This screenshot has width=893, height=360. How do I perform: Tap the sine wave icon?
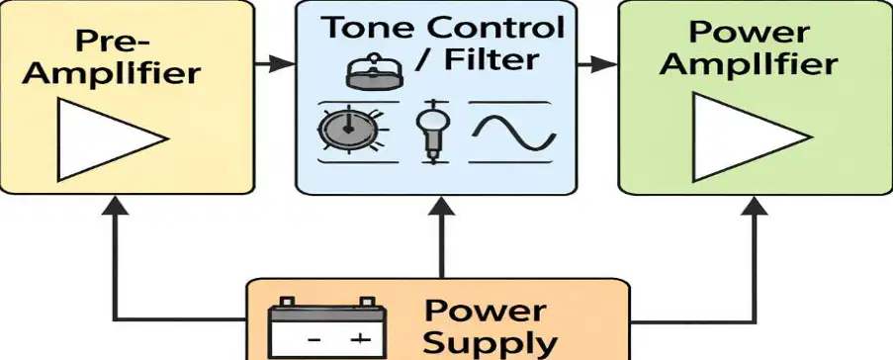point(512,134)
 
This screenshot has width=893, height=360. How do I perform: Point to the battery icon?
point(327,327)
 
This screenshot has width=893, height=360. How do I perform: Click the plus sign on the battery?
point(359,340)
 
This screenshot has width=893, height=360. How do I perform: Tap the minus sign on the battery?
point(313,340)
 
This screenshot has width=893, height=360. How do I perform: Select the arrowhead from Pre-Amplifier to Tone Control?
point(281,64)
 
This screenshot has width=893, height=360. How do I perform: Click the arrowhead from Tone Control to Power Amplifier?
point(604,64)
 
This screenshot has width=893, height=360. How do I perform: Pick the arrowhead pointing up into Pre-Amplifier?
point(116,206)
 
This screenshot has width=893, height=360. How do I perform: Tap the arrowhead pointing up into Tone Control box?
point(441,206)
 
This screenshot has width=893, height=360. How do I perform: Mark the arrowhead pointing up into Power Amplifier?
point(755,206)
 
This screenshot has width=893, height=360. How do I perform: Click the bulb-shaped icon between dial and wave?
point(433,133)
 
